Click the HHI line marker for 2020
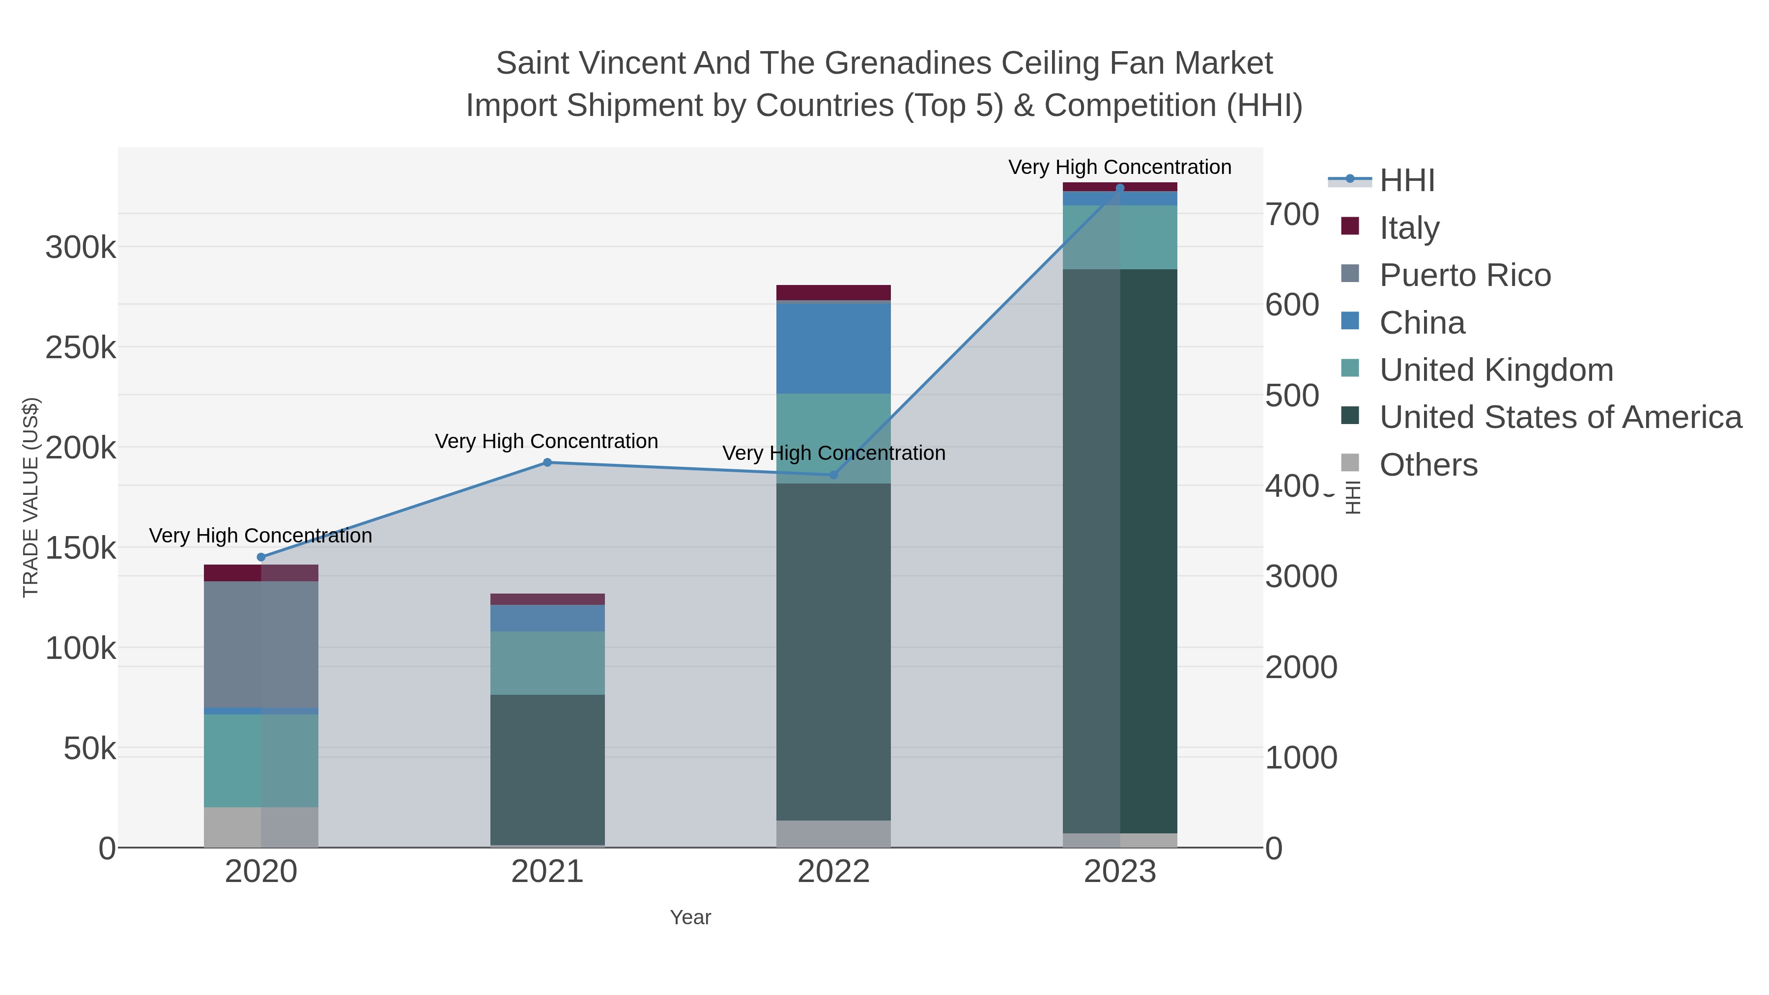(x=261, y=557)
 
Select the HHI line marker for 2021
(x=547, y=462)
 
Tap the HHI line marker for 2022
(x=834, y=475)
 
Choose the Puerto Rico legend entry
(x=1465, y=275)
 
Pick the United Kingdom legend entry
(x=1496, y=370)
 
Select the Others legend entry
(x=1427, y=465)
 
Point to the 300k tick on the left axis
(x=81, y=247)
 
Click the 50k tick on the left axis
(x=90, y=748)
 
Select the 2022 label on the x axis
(x=834, y=871)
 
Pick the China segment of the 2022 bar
(x=834, y=347)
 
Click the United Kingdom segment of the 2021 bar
(x=547, y=663)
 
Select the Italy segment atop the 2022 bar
(x=834, y=292)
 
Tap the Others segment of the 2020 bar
(x=261, y=827)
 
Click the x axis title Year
(x=690, y=917)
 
